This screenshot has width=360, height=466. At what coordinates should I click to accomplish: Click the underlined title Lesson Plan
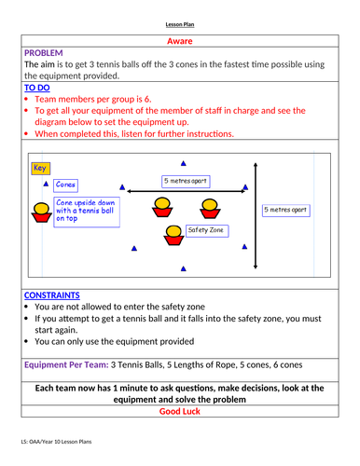coord(180,24)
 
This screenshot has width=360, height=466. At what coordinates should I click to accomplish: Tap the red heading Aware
coord(180,41)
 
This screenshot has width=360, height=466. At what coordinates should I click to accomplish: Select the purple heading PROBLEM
coord(43,53)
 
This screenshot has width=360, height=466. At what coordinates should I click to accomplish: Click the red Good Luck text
coord(180,410)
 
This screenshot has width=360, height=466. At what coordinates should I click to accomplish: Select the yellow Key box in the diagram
coord(40,169)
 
